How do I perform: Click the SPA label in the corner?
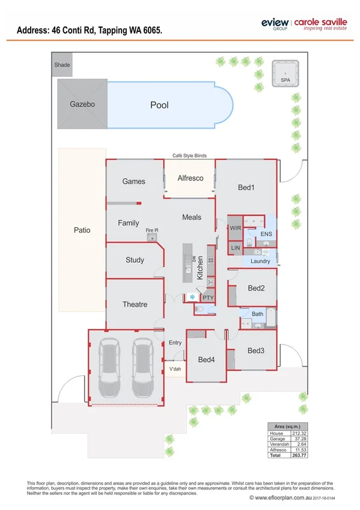[285, 79]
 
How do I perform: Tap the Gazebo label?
[82, 104]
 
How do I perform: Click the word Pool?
[159, 105]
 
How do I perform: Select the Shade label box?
[62, 64]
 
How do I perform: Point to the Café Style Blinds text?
[189, 156]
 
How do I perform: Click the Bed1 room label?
[246, 188]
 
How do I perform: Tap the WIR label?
[235, 228]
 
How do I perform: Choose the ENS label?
[266, 233]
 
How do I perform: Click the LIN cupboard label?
[235, 247]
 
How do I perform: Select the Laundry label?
[260, 261]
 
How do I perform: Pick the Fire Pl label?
[152, 230]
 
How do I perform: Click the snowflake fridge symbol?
[192, 296]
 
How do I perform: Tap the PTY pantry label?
[208, 297]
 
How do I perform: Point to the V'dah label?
[175, 369]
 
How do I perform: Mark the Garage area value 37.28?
[298, 440]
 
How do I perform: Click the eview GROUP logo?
[274, 24]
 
